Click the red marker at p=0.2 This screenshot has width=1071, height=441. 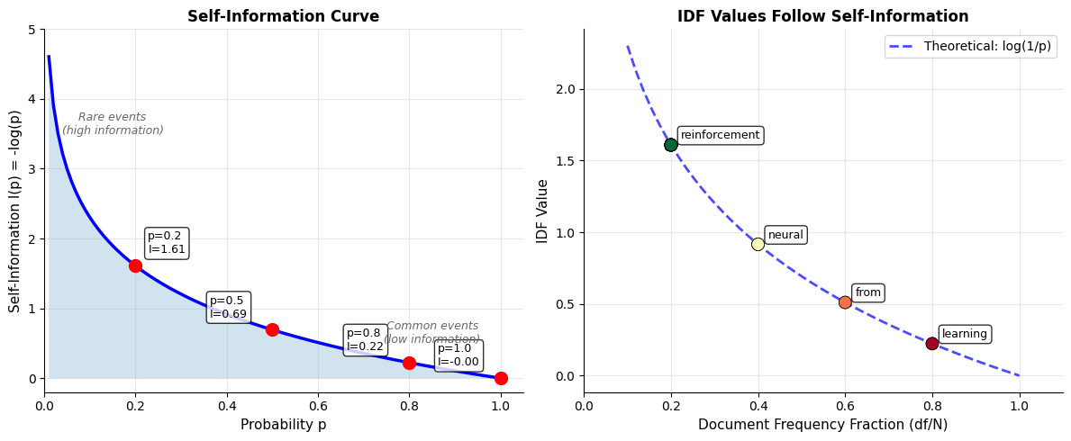pos(135,265)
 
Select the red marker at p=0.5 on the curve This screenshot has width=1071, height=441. pos(272,329)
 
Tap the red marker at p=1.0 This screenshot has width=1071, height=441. pos(501,378)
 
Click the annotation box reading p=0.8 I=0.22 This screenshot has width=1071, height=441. pos(365,340)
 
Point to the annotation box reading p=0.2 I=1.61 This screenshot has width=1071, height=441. pos(167,243)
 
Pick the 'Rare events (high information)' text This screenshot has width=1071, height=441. pos(113,124)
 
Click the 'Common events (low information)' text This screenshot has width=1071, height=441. pos(432,333)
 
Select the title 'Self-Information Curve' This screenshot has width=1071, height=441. pos(283,16)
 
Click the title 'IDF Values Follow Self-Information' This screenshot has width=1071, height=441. pos(822,16)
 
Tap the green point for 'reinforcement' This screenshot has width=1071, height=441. pos(671,145)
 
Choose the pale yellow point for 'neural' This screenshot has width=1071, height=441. pos(758,244)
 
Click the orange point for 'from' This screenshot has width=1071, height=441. pos(845,302)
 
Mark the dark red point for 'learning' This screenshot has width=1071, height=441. pos(932,343)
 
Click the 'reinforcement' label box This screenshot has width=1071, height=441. pos(720,135)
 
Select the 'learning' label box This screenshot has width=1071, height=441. pos(964,334)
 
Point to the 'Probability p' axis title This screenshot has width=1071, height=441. pos(283,425)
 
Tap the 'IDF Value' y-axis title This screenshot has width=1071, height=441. pos(542,211)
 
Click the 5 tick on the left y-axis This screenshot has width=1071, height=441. pos(34,30)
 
